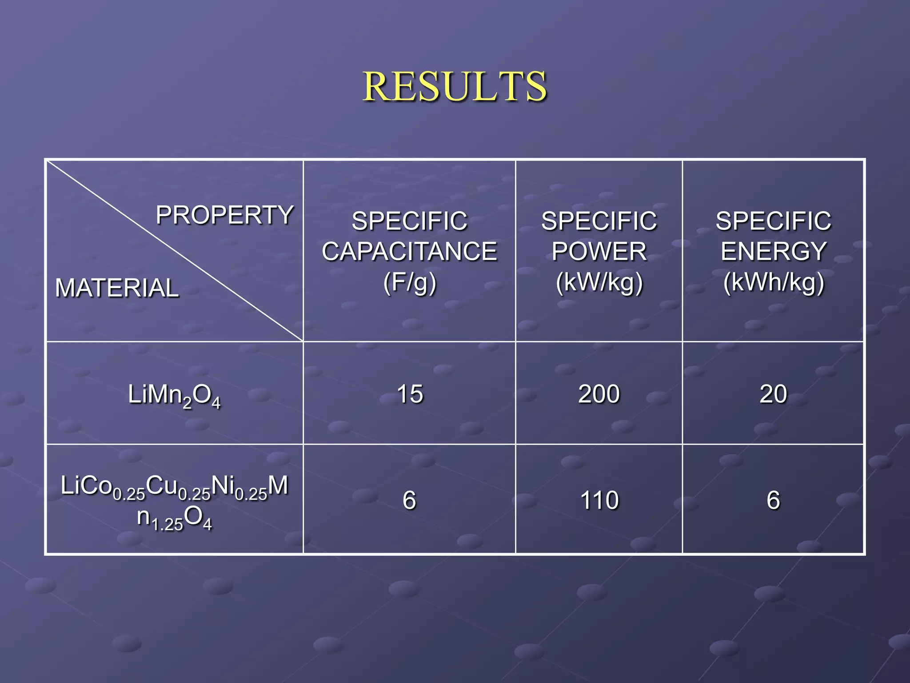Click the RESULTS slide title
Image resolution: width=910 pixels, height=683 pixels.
[x=455, y=86]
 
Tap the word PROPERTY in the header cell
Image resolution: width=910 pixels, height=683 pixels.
[x=224, y=215]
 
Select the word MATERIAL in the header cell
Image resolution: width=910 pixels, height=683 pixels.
[x=117, y=288]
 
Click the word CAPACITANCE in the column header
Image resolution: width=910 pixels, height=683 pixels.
[x=409, y=251]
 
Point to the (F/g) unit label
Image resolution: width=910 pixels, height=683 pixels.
[x=410, y=282]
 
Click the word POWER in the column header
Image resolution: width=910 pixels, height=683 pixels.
[x=599, y=251]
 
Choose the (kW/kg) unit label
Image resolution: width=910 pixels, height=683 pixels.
[x=599, y=282]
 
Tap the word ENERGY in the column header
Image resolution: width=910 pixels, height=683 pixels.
[x=773, y=251]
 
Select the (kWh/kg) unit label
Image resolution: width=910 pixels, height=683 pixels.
[x=773, y=282]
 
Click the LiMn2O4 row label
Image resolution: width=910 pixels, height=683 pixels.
[x=174, y=395]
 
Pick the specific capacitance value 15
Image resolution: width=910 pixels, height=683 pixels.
[x=410, y=394]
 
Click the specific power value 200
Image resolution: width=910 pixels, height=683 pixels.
[x=599, y=394]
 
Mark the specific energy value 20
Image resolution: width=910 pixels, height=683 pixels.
[x=773, y=394]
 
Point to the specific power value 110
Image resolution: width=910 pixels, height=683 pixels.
[x=599, y=500]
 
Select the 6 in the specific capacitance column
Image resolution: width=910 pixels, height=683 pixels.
[x=409, y=500]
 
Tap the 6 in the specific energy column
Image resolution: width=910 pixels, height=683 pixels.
[x=773, y=500]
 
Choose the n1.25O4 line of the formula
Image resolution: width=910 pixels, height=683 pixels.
[x=174, y=518]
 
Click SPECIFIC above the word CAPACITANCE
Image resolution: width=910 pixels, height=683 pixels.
[x=409, y=221]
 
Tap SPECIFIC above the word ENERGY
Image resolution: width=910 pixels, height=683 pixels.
[x=773, y=221]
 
